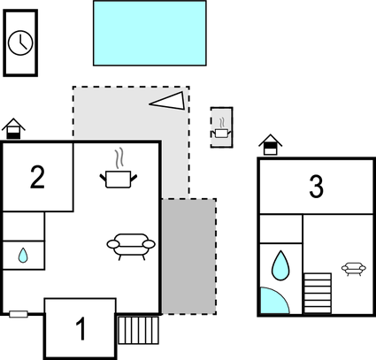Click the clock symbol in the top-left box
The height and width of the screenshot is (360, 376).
(20, 43)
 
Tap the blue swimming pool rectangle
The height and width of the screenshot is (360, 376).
(150, 33)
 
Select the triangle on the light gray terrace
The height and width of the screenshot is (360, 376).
(169, 101)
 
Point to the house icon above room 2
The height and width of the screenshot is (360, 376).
(13, 128)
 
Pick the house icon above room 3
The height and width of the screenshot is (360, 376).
(270, 144)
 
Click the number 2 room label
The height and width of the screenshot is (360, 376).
(37, 177)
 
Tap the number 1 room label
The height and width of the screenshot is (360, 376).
(81, 329)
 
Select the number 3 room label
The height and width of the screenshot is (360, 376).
(316, 187)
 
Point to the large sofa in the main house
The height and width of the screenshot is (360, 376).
(131, 247)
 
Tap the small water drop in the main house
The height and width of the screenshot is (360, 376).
(23, 256)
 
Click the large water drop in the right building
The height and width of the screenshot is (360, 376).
(280, 265)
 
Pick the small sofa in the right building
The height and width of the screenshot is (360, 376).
(354, 269)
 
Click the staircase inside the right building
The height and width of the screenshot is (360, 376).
(318, 294)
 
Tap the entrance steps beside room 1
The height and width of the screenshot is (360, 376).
(138, 330)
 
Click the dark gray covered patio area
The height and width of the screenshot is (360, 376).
(188, 257)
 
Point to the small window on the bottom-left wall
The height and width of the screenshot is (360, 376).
(19, 314)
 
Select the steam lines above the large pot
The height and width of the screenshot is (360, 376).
(119, 158)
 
